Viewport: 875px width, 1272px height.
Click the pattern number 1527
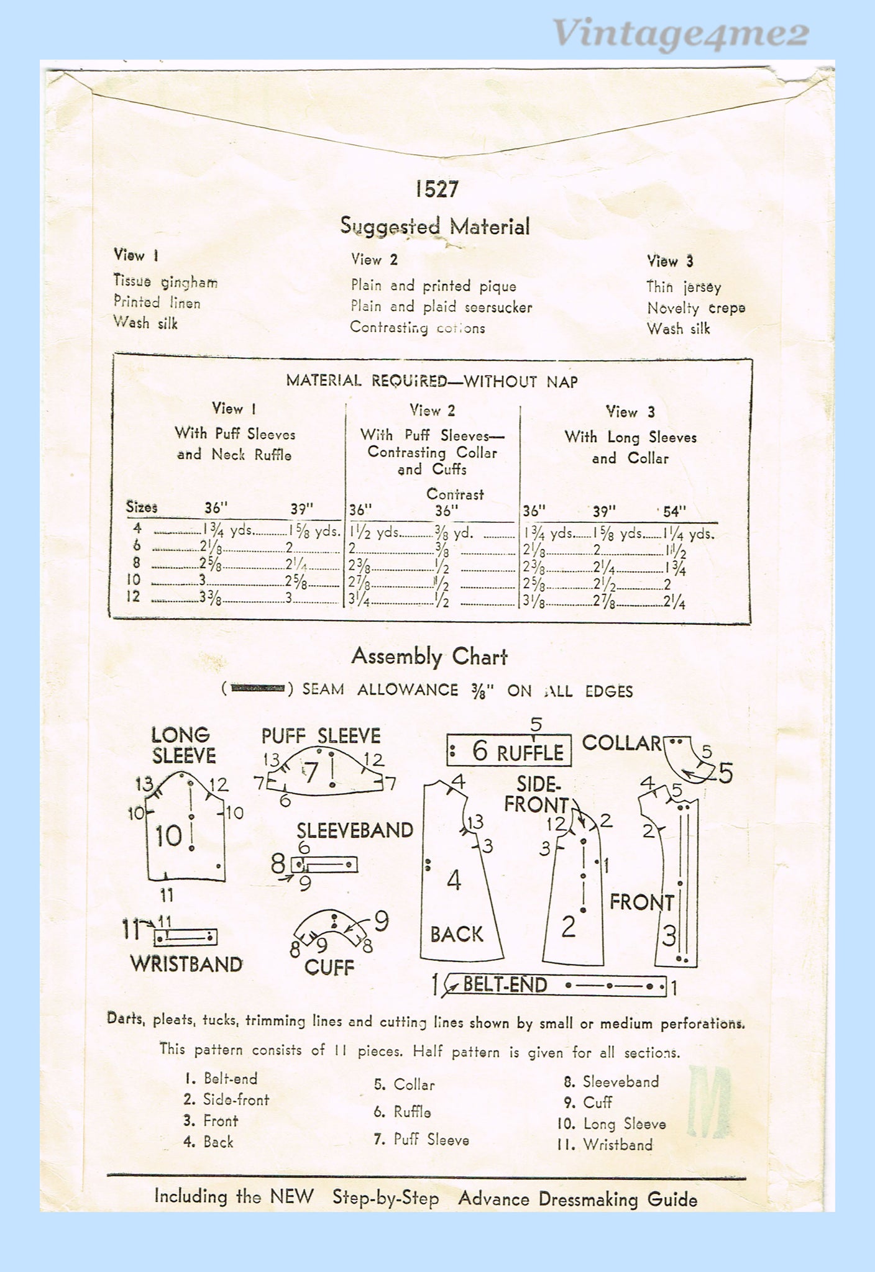point(437,189)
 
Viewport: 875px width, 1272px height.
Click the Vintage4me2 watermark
point(680,34)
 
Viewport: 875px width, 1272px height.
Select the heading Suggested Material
point(435,226)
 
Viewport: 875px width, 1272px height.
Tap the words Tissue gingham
point(165,282)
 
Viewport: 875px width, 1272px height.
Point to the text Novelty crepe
point(696,308)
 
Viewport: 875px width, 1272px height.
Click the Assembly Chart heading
point(429,656)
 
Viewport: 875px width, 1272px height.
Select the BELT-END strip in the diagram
point(555,985)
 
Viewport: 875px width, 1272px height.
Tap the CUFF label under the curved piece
point(329,968)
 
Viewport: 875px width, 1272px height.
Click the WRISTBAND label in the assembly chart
point(186,964)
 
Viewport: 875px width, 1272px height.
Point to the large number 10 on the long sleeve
point(168,837)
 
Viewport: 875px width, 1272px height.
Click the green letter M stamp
point(710,1102)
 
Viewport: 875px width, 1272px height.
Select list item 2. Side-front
point(226,1100)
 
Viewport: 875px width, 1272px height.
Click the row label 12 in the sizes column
point(134,597)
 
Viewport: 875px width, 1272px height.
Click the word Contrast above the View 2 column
point(455,494)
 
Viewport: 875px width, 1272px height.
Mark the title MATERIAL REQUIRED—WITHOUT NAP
point(432,381)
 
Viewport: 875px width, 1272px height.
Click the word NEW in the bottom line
point(292,1197)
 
